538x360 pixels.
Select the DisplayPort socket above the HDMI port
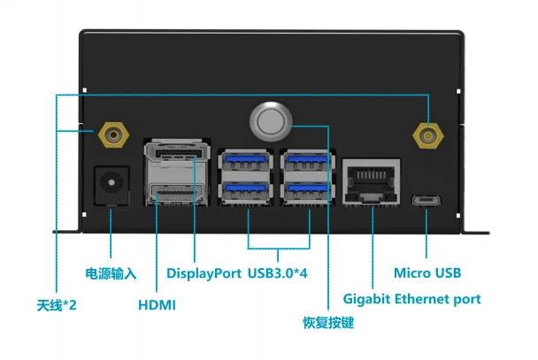click(x=175, y=159)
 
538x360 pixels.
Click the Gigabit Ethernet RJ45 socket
click(x=372, y=180)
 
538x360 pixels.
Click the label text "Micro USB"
click(x=427, y=273)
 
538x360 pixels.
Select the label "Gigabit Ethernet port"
click(x=411, y=299)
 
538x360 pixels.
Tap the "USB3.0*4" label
click(x=278, y=273)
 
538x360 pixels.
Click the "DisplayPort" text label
click(x=204, y=273)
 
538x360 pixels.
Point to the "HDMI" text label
click(x=158, y=305)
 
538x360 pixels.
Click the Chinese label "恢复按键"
click(x=328, y=324)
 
